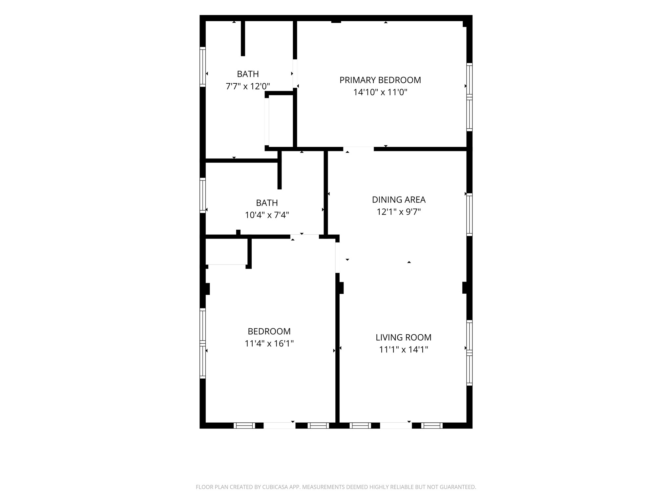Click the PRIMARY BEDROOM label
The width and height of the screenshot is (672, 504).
click(x=380, y=80)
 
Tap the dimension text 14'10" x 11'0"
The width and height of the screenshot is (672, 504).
click(x=380, y=92)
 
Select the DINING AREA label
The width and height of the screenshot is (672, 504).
click(x=399, y=199)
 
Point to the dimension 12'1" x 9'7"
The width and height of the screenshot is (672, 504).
click(x=399, y=212)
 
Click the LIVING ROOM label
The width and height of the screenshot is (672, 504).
click(x=403, y=337)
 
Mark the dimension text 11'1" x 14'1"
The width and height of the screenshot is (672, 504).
click(x=403, y=349)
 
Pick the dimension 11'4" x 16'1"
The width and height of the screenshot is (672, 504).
click(x=269, y=344)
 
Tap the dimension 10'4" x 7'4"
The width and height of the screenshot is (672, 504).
click(x=267, y=215)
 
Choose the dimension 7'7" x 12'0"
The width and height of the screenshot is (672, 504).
click(x=248, y=86)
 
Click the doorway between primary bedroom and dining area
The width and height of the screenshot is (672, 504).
click(x=358, y=149)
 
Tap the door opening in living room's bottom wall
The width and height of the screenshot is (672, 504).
click(x=396, y=426)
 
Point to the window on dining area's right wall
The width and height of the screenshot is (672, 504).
click(x=470, y=215)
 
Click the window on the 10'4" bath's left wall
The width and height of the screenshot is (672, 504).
click(x=203, y=195)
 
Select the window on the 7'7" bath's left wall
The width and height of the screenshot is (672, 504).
click(x=203, y=67)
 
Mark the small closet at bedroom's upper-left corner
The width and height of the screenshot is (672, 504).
click(x=226, y=251)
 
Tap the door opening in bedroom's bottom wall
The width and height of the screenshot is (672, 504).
click(x=280, y=426)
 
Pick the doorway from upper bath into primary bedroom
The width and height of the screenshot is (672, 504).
click(x=295, y=73)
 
